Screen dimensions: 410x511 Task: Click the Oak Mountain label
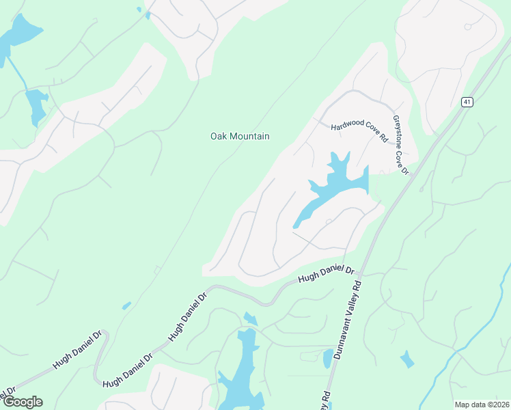[x=239, y=137]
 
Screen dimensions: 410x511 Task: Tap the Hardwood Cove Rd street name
[x=359, y=132]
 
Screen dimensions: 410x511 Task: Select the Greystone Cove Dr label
[x=400, y=144]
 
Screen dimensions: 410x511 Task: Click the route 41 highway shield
[x=467, y=102]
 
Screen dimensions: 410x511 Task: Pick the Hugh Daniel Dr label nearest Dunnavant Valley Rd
[x=327, y=275]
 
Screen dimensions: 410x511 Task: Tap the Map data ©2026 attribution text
[x=482, y=404]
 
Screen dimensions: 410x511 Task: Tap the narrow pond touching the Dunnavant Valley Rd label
[x=328, y=358]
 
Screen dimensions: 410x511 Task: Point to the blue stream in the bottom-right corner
[x=451, y=362]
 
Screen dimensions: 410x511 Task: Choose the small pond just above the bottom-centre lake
[x=250, y=318]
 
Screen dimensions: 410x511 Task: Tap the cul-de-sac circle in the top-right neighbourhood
[x=468, y=27]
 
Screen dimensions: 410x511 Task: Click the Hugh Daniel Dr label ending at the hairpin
[x=77, y=351]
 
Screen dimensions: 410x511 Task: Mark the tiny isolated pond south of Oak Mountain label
[x=126, y=305]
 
